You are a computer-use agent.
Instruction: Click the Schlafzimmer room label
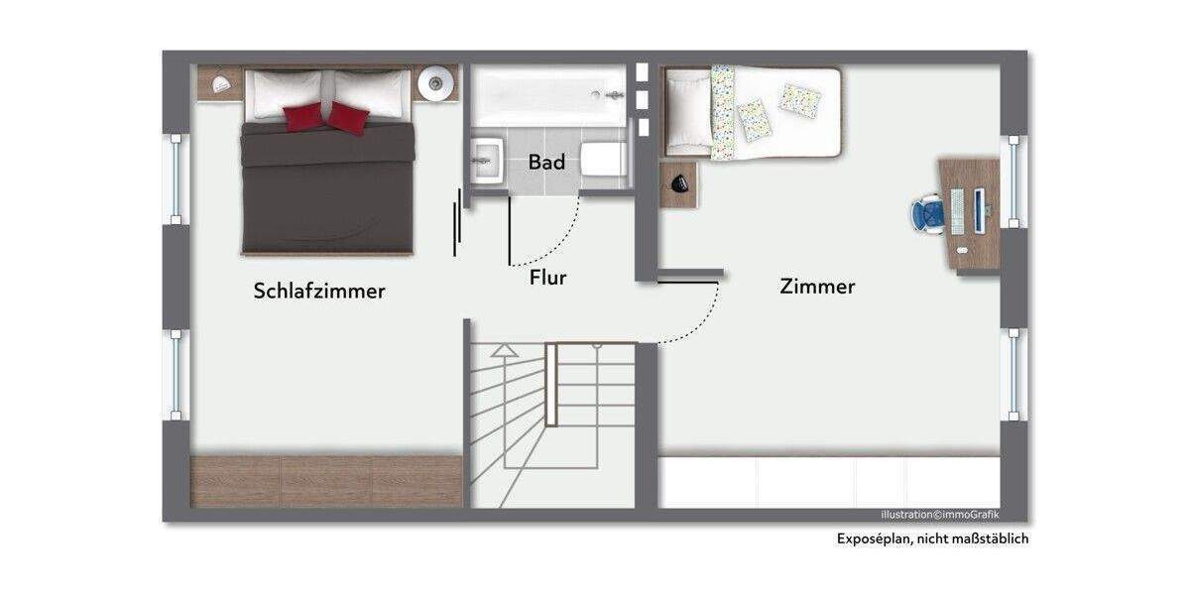318,291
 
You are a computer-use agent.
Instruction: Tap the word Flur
547,278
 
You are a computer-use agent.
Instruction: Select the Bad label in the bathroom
546,162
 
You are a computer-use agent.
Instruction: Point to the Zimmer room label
817,287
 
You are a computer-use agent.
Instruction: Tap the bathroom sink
486,160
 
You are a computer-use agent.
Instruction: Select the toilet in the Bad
603,159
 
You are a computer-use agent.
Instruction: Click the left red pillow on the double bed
303,116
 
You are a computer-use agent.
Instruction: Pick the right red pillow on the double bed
347,118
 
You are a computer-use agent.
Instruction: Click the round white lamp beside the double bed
435,83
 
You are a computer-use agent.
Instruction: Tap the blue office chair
929,213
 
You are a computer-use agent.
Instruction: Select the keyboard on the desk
958,211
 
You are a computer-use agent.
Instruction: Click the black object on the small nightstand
679,182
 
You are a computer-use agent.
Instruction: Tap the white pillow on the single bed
685,108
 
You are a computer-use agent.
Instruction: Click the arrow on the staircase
505,350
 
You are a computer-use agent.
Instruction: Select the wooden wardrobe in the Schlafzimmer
326,481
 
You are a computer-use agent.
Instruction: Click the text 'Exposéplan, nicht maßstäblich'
931,539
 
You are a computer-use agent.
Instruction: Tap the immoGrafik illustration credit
940,514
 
